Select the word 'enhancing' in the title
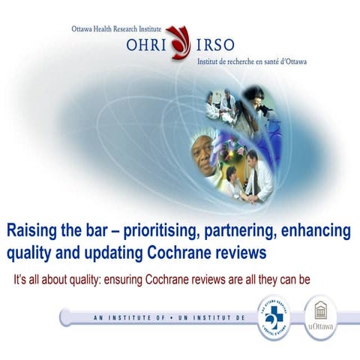[x=316, y=228]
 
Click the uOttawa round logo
[x=321, y=317]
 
